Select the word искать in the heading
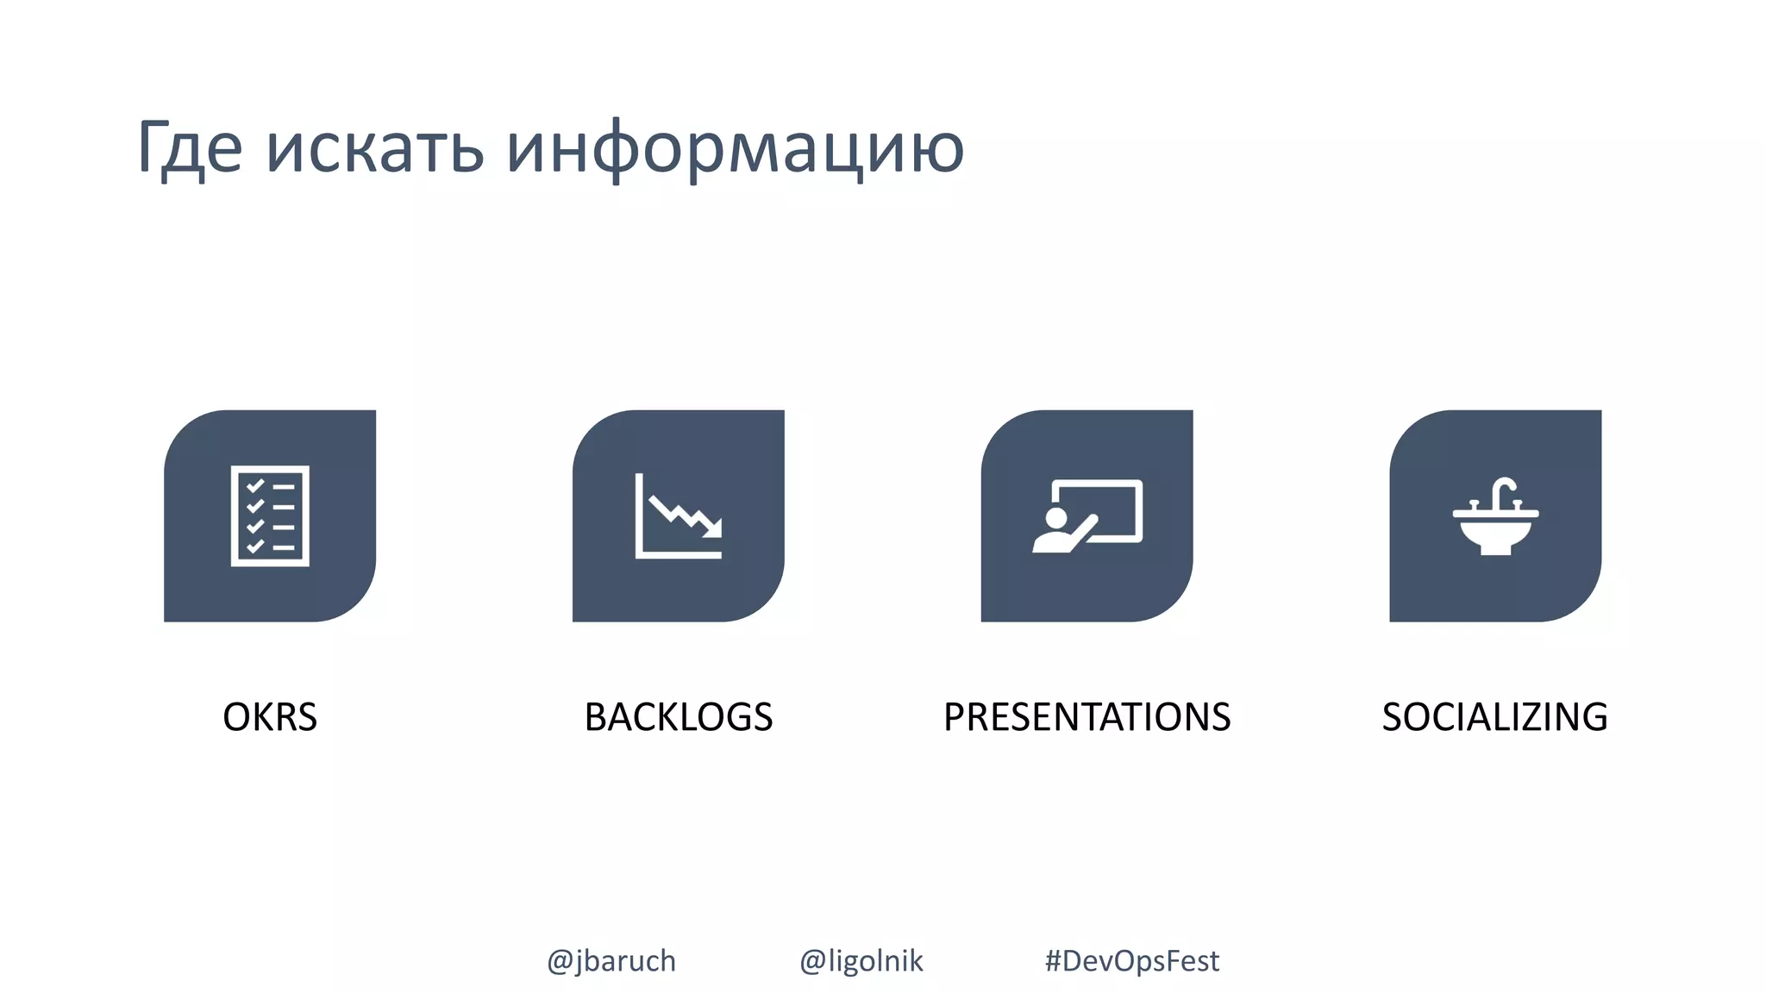click(374, 148)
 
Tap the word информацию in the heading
click(735, 148)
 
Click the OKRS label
click(270, 717)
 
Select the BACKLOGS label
click(679, 717)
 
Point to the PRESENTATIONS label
click(1087, 717)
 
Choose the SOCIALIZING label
click(1494, 717)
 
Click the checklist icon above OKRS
click(270, 515)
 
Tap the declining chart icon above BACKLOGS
click(679, 515)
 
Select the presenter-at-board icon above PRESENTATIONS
click(1087, 515)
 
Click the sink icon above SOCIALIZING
click(1495, 515)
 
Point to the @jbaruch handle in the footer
click(611, 960)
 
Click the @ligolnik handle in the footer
click(861, 960)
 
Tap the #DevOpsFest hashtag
click(1131, 960)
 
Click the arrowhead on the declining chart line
click(712, 528)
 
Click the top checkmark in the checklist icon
click(255, 486)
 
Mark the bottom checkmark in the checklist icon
click(255, 546)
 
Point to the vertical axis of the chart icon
click(639, 515)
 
